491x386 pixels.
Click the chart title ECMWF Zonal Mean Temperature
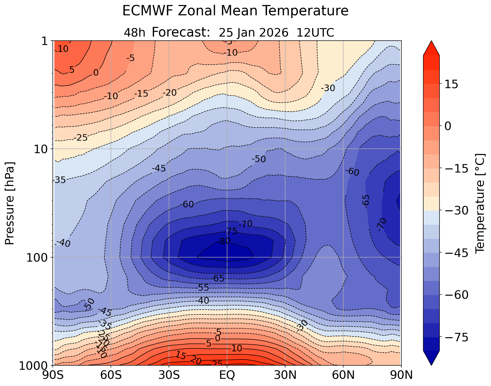point(235,11)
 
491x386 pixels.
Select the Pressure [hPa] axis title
point(10,203)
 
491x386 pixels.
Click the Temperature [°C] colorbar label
point(479,203)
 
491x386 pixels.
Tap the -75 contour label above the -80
point(231,232)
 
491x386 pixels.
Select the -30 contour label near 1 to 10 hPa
point(328,88)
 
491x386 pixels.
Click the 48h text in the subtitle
point(134,33)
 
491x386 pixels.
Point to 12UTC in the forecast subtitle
point(315,33)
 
